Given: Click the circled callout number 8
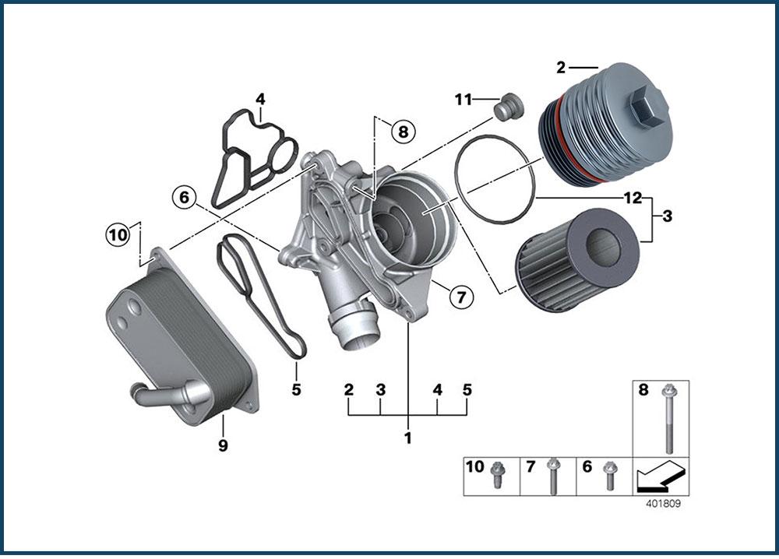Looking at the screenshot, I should click(x=403, y=132).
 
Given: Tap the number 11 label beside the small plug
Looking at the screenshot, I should click(x=464, y=99).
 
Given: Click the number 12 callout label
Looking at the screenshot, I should click(x=632, y=199).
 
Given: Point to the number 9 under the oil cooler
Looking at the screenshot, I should click(x=223, y=445).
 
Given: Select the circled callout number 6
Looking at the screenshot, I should click(x=184, y=198).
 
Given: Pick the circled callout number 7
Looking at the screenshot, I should click(x=460, y=296).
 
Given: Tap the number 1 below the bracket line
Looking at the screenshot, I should click(x=407, y=438).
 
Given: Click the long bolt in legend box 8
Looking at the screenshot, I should click(x=669, y=420).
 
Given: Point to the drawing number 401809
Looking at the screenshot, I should click(x=663, y=504).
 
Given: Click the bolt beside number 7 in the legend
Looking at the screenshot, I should click(x=553, y=474).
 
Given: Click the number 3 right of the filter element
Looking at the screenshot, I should click(x=667, y=216).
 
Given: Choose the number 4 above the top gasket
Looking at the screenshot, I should click(x=260, y=99).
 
